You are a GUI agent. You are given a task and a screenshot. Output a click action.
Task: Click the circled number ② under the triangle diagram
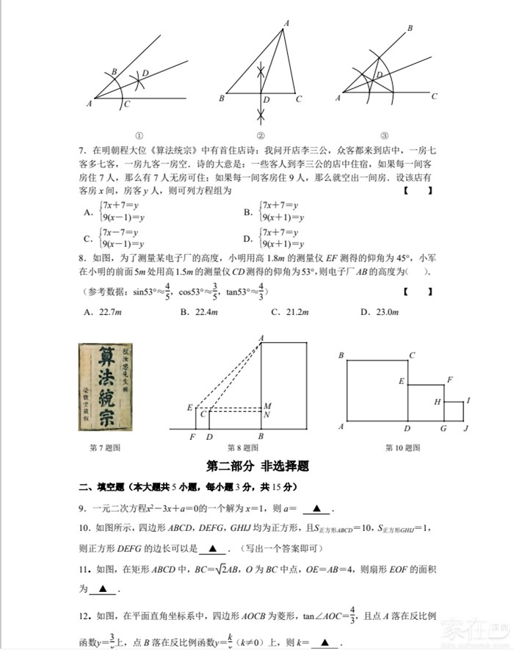pos(260,135)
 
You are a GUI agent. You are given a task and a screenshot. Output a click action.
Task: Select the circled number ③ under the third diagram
pos(384,135)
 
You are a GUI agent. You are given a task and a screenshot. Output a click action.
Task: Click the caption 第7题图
pos(104,447)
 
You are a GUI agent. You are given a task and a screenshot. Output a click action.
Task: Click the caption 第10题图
pos(402,447)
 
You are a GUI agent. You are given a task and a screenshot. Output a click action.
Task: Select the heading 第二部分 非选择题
pos(257,466)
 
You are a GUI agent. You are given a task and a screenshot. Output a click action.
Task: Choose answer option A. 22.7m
pos(101,312)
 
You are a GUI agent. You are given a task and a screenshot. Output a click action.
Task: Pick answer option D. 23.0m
pos(379,312)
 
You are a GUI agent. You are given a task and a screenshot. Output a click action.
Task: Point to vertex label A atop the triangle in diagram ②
pos(286,24)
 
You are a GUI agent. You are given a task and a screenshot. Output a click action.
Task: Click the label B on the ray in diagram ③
pos(409,28)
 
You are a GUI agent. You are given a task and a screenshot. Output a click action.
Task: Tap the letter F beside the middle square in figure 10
pos(449,379)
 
